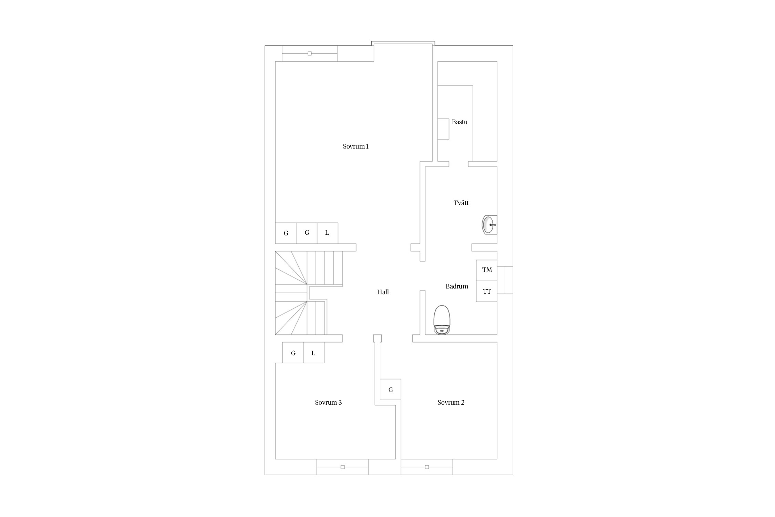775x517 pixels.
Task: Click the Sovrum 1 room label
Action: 355,146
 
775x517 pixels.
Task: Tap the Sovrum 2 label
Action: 451,403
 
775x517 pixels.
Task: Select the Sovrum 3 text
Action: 328,403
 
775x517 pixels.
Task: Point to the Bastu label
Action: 459,122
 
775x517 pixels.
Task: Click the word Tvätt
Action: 461,203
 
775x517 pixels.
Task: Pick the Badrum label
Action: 457,286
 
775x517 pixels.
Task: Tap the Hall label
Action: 383,292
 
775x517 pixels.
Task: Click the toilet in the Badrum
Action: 442,320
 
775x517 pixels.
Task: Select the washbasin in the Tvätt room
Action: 489,225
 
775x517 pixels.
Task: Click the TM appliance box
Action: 487,270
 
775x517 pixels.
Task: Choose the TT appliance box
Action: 487,291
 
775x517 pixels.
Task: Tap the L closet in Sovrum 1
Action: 327,233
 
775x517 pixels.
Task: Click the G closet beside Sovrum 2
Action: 391,389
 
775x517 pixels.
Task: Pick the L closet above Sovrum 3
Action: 313,353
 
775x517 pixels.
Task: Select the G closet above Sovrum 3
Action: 293,353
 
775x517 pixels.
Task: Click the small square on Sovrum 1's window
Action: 310,53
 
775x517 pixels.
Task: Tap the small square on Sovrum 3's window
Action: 342,467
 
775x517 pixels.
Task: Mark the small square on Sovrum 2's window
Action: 427,467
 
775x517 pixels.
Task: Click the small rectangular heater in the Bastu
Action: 443,129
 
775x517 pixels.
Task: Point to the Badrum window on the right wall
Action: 505,280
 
